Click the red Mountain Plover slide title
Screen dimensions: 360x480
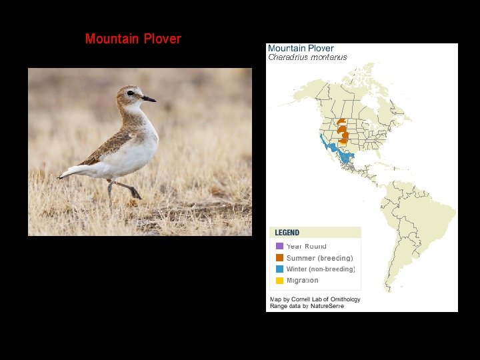[133, 39]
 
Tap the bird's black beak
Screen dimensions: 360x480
[149, 99]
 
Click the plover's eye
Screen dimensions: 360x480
[131, 93]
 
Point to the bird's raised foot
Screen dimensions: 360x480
[136, 194]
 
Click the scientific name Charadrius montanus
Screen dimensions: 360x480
[307, 57]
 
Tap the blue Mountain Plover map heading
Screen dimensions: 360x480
[301, 48]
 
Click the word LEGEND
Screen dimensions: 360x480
[287, 233]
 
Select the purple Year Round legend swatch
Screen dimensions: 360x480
[280, 246]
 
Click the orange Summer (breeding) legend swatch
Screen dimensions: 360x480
[280, 257]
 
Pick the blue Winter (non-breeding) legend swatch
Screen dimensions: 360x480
[280, 269]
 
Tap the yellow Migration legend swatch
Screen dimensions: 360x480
[280, 280]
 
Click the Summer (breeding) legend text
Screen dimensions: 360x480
[320, 258]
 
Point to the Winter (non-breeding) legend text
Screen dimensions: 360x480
[321, 269]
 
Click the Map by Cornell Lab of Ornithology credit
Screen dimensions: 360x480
[315, 299]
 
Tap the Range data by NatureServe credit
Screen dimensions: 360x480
[307, 306]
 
